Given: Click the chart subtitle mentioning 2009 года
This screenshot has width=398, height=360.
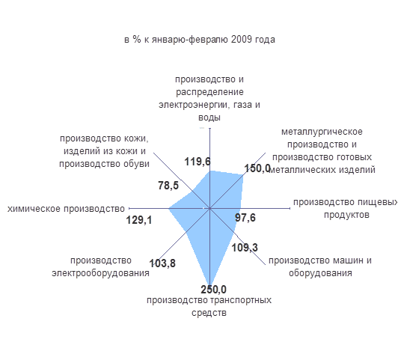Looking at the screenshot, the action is click(200, 40).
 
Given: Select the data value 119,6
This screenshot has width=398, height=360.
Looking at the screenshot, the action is click(198, 162).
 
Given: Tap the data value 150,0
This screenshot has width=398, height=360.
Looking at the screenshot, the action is click(257, 168).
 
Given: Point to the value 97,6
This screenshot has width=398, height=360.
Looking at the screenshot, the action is click(245, 218).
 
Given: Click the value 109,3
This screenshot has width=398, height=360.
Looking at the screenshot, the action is click(245, 248).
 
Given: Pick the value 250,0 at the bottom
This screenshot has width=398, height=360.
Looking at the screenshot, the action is click(213, 290).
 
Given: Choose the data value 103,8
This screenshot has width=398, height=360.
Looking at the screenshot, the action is click(162, 263).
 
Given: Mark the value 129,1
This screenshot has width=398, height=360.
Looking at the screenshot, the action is click(139, 220).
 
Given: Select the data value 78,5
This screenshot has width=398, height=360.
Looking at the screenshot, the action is click(168, 186).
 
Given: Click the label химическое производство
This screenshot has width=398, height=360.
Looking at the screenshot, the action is click(66, 209).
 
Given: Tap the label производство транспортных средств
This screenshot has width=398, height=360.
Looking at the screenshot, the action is click(209, 306).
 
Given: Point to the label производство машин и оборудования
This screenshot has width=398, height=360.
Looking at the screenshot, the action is click(320, 267).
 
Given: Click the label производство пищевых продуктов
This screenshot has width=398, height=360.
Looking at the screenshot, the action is click(346, 208).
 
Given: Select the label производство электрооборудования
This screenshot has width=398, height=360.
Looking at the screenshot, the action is click(100, 267).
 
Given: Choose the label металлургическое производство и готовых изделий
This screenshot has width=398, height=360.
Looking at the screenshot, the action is click(322, 150).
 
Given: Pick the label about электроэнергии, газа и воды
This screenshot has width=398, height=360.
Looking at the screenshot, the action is click(209, 98).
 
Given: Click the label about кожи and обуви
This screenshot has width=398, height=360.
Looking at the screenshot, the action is click(104, 151).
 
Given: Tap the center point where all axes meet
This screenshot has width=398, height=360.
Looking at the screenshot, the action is click(210, 208).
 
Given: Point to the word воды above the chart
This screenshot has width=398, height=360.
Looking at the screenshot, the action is click(209, 118).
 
